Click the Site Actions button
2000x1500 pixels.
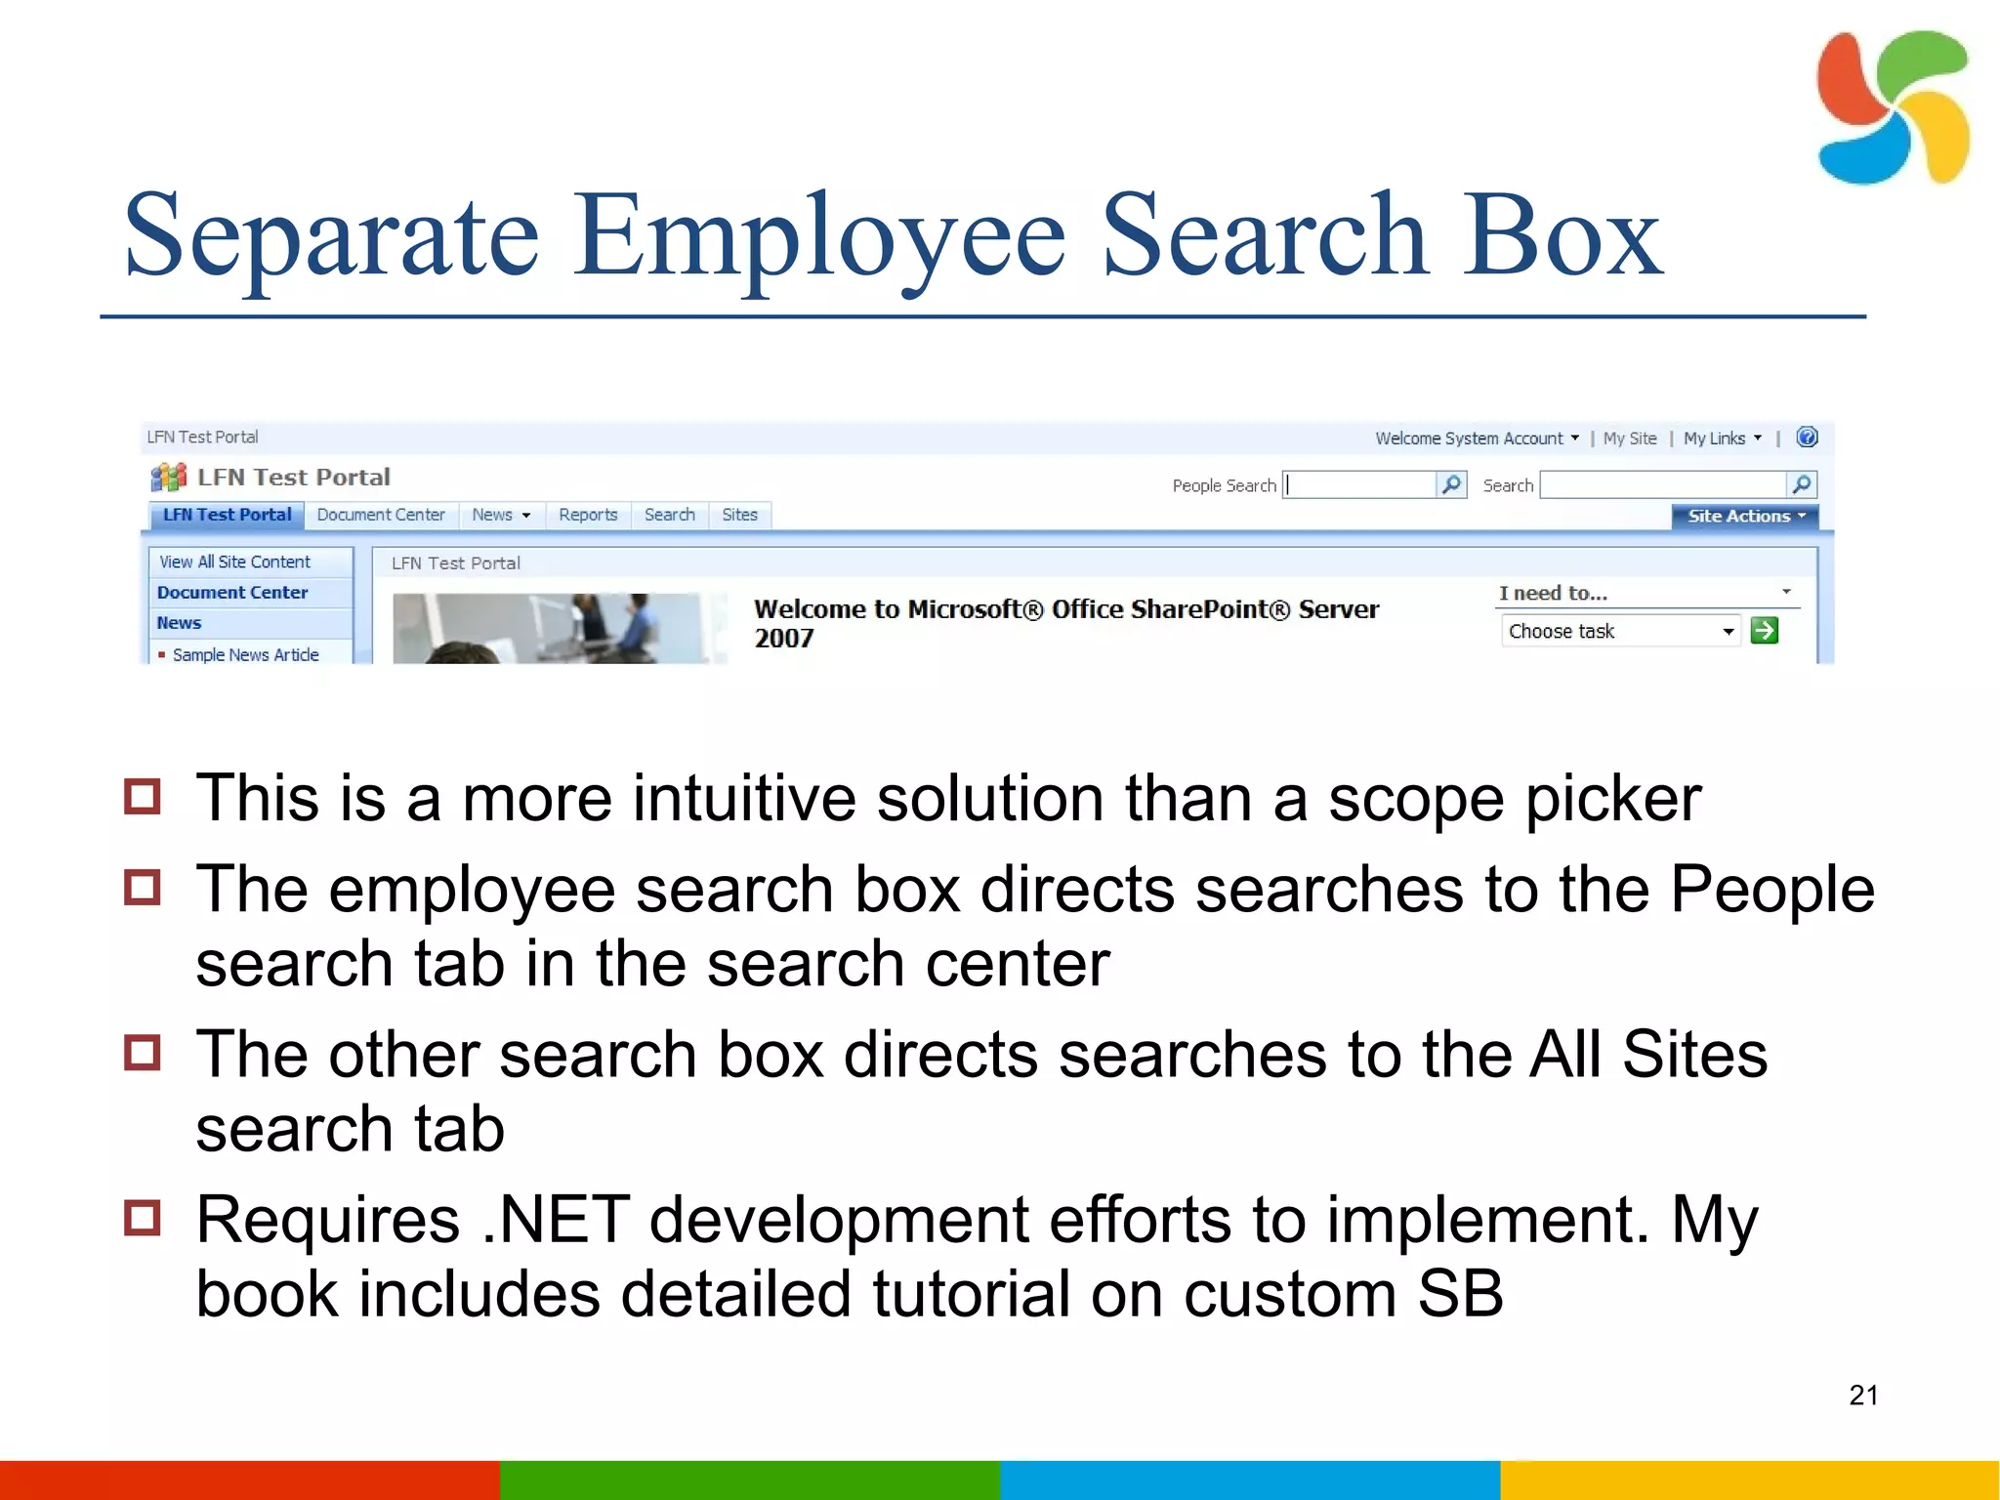[1744, 516]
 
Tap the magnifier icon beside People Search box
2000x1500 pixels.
[1452, 484]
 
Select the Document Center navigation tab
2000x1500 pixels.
[380, 515]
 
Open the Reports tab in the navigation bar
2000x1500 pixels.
[588, 515]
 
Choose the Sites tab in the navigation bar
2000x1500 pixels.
[739, 515]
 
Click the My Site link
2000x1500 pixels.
[1629, 438]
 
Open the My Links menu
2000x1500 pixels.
[1722, 438]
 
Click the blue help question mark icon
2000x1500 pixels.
[1807, 437]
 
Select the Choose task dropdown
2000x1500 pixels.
[1619, 631]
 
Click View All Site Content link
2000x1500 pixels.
[234, 562]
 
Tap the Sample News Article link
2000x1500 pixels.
[245, 654]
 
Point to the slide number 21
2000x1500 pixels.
[1863, 1395]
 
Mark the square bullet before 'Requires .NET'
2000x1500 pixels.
[143, 1218]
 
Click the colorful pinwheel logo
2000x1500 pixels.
[1892, 107]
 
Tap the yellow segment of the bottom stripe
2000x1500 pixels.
[1749, 1479]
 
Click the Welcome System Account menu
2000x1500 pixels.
[1476, 438]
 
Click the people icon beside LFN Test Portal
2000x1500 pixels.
[169, 478]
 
